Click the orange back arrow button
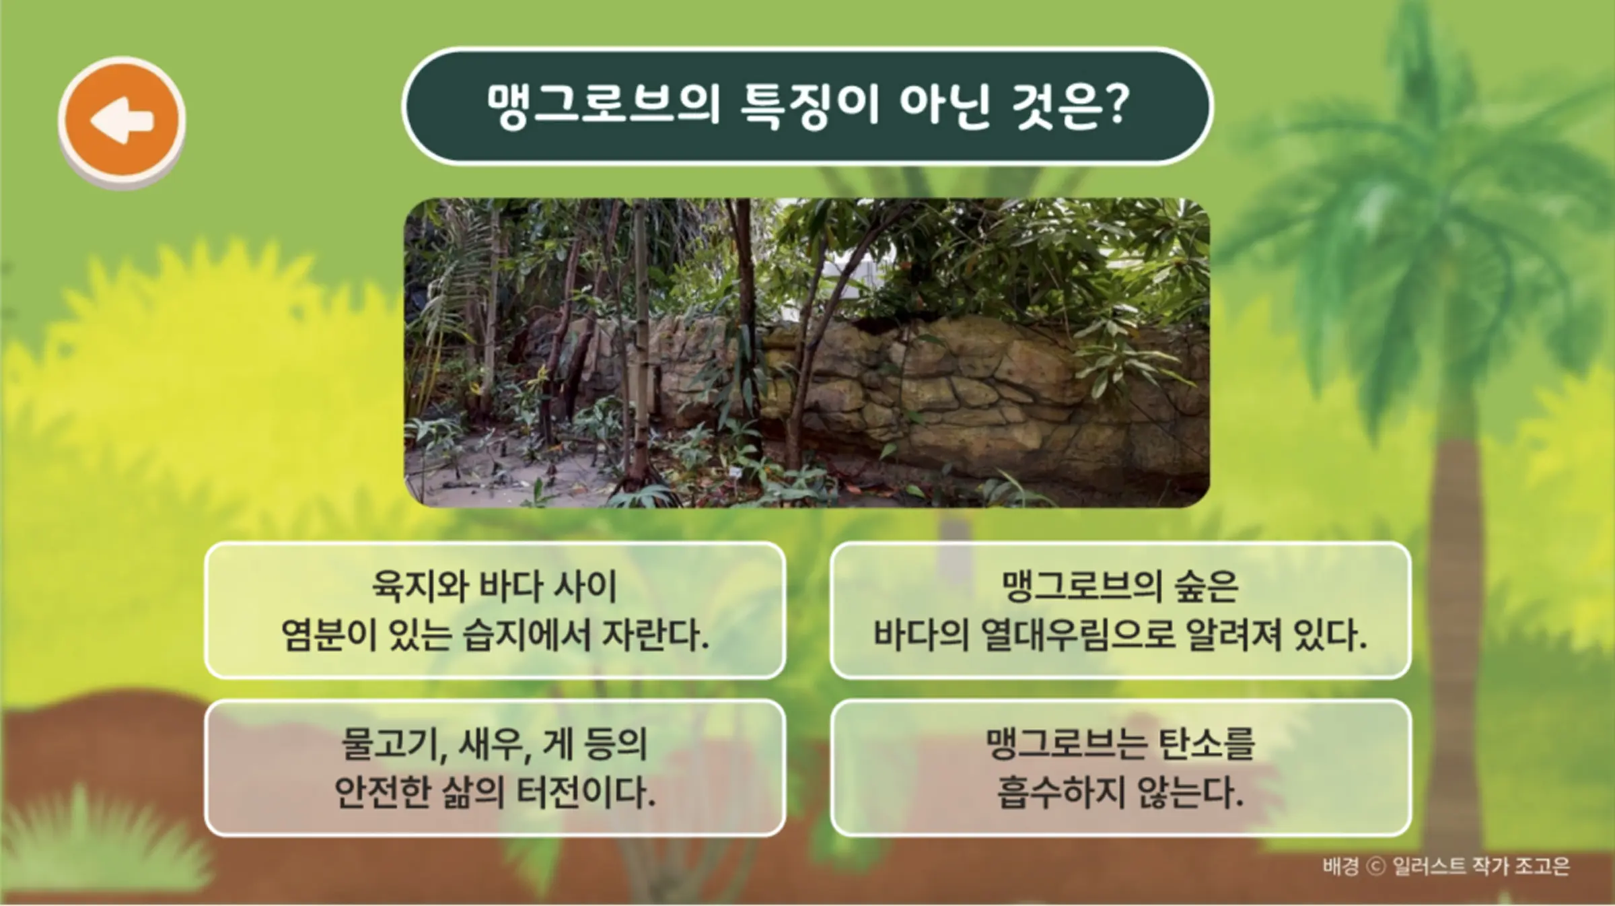[122, 120]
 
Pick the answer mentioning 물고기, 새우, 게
[495, 768]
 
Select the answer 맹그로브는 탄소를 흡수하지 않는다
[1120, 768]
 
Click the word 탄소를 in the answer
[1206, 744]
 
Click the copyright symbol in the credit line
[1376, 866]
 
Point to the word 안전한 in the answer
[382, 792]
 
